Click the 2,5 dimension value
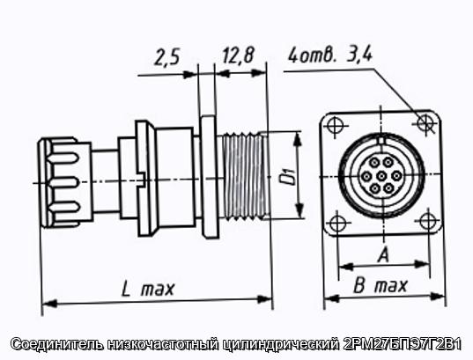point(167,57)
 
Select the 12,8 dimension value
point(239,55)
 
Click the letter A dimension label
point(383,254)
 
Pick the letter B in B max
point(359,285)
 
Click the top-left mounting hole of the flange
point(335,125)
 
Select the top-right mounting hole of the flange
point(425,122)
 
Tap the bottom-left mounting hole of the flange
point(337,224)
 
